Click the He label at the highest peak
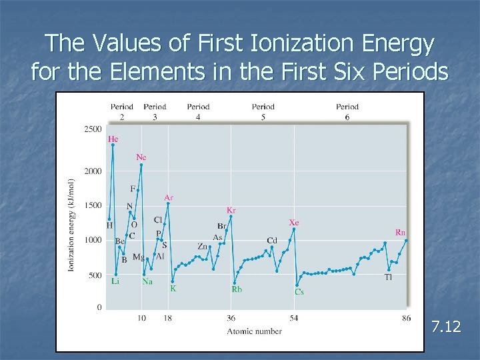click(113, 139)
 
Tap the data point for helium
click(113, 145)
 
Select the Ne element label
click(141, 157)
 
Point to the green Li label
click(115, 281)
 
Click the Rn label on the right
click(400, 233)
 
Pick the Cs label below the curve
click(299, 292)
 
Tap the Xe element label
click(293, 223)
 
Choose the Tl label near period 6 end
click(388, 277)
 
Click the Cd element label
click(272, 241)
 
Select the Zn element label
click(203, 246)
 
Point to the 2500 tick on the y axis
click(93, 129)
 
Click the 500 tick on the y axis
click(95, 275)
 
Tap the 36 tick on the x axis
click(231, 318)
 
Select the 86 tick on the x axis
click(406, 318)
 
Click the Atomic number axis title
click(254, 331)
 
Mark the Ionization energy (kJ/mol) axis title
click(71, 225)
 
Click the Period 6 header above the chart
click(347, 112)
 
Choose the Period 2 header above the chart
click(122, 112)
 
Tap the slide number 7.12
click(446, 326)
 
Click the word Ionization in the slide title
click(302, 43)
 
